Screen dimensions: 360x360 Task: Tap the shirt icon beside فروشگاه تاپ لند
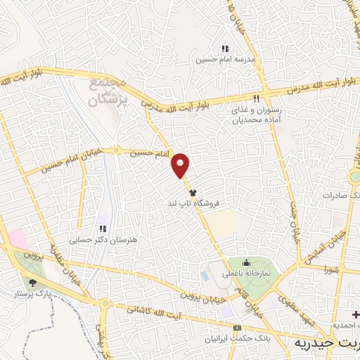(193, 191)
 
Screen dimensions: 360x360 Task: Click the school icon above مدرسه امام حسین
(224, 49)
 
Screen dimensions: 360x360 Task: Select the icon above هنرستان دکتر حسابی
(103, 229)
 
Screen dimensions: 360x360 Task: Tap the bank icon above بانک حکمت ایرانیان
(236, 328)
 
